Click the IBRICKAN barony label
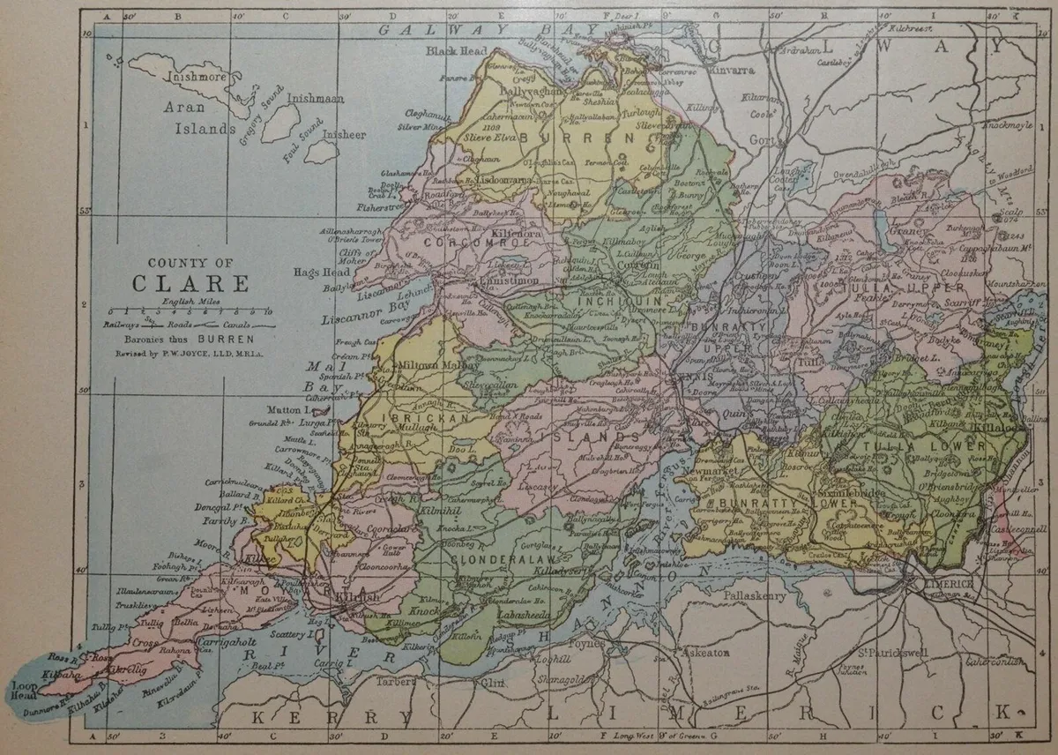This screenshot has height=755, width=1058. pos(415,418)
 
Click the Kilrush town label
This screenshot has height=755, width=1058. pos(356,597)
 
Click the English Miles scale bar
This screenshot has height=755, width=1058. pos(190,312)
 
